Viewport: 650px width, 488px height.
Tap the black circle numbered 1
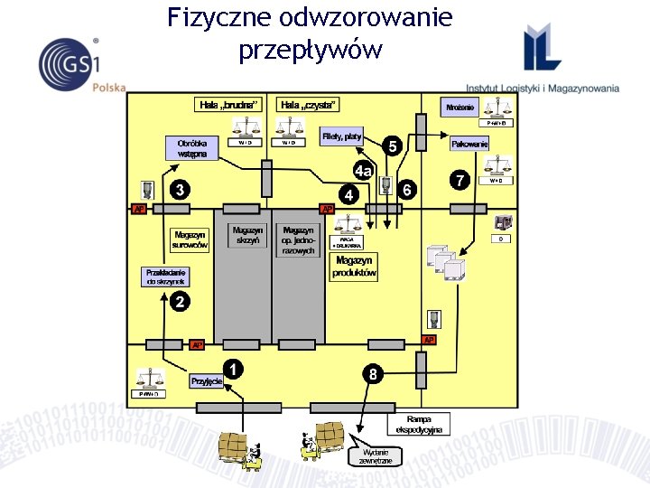(x=233, y=369)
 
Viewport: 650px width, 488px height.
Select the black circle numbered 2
(x=180, y=303)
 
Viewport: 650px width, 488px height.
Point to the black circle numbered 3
(x=181, y=190)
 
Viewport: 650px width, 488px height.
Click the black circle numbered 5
(x=392, y=146)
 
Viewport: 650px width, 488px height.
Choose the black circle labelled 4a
(x=364, y=171)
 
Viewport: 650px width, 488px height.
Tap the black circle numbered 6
(x=407, y=190)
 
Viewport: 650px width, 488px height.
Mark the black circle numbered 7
(x=460, y=181)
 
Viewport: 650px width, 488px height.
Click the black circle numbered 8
(x=372, y=372)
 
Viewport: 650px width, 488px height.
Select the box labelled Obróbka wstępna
(x=191, y=148)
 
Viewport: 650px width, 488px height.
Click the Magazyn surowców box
(x=190, y=239)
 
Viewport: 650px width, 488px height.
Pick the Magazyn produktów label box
(x=354, y=267)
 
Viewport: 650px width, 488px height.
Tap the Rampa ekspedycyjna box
(x=420, y=425)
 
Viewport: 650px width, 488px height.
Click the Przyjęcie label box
(x=207, y=381)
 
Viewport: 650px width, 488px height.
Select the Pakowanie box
(x=469, y=144)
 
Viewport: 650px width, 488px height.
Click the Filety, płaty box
(x=341, y=136)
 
